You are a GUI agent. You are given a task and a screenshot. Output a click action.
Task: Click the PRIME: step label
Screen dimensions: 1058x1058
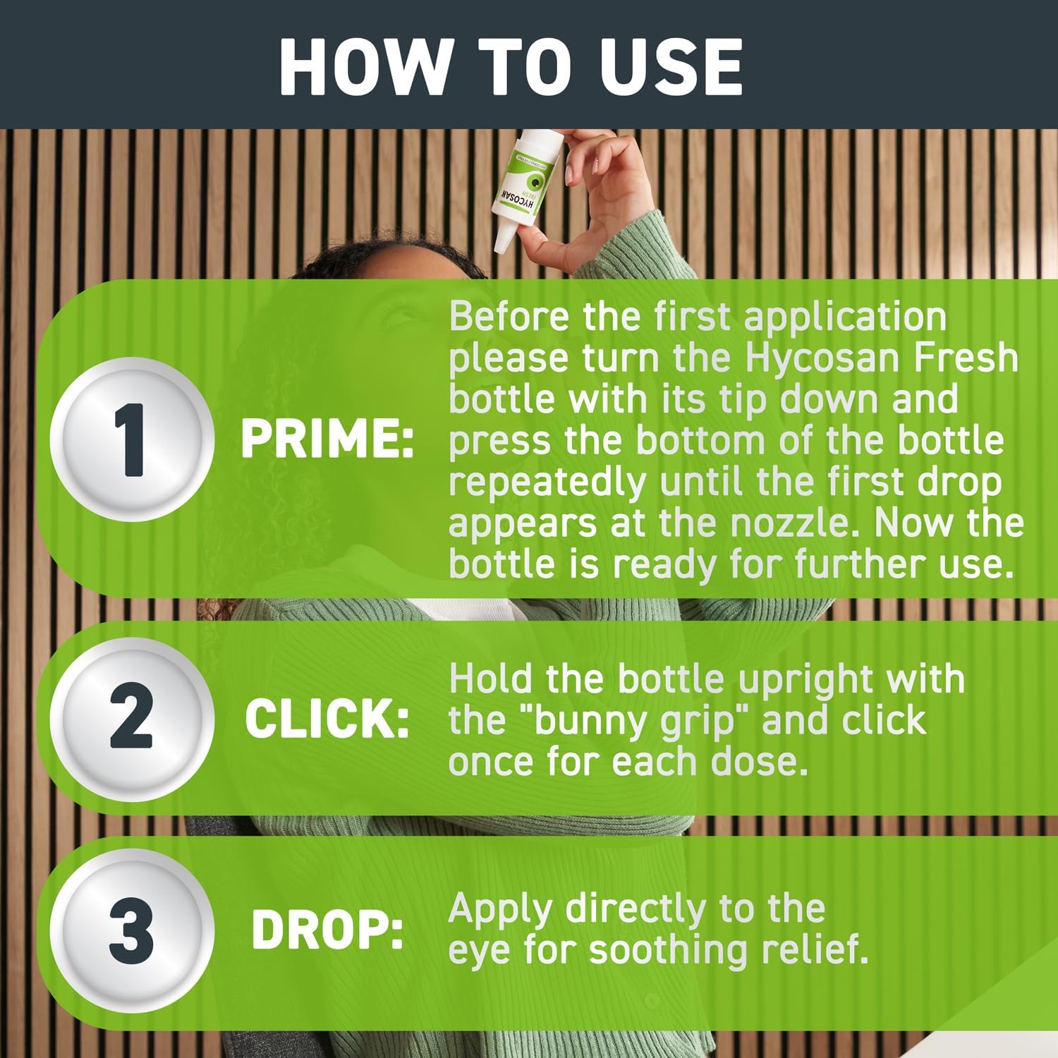327,439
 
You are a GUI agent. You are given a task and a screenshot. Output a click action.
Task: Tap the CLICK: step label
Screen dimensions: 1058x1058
327,720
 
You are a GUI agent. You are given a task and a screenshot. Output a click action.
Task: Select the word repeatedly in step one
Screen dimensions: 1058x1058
547,482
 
